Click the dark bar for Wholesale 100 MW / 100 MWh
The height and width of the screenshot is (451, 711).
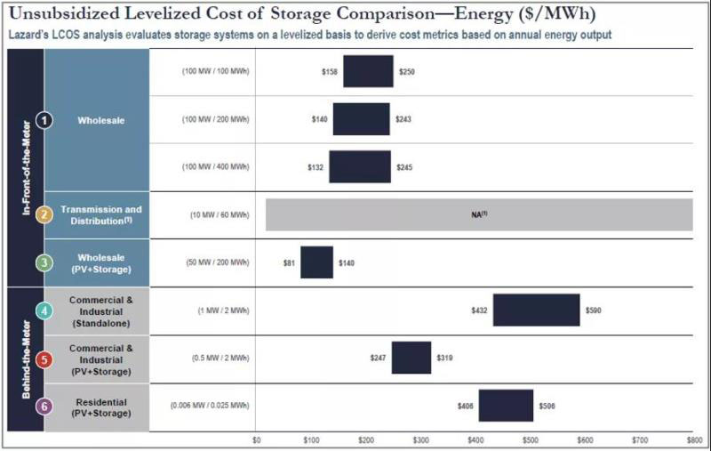[x=368, y=71]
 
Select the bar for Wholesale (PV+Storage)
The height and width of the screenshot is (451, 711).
[x=316, y=262]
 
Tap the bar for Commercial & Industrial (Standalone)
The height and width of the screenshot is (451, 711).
[x=536, y=310]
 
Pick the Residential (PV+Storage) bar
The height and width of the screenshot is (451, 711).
[x=506, y=405]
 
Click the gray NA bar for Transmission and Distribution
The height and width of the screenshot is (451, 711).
[x=479, y=214]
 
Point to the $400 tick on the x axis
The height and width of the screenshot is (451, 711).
[x=475, y=439]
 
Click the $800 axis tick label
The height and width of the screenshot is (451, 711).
[x=694, y=439]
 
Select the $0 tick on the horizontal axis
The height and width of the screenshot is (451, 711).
[x=257, y=439]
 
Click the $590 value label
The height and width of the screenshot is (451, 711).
[x=594, y=310]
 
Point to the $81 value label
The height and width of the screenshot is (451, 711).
[x=288, y=262]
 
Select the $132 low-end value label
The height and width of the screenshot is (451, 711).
[x=317, y=166]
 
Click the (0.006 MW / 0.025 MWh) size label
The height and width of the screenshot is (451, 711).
[x=210, y=405]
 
